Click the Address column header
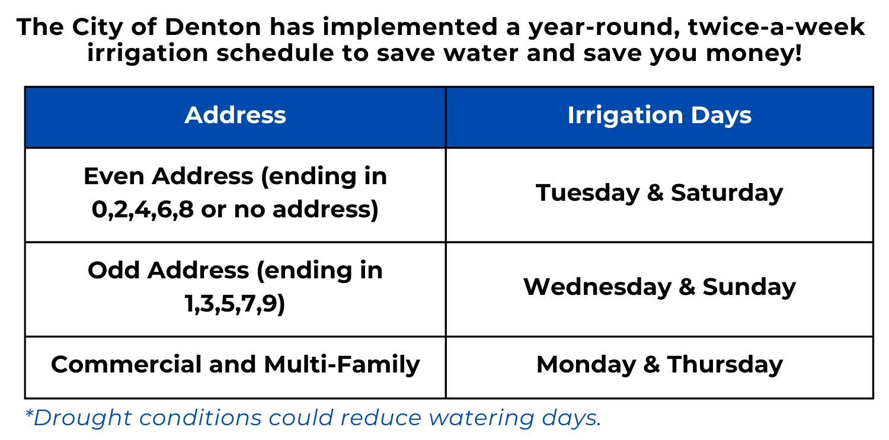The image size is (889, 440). (235, 115)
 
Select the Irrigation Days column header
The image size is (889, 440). (659, 115)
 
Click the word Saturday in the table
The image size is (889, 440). (727, 193)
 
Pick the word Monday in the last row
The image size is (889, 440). (586, 364)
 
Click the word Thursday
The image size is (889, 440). (725, 364)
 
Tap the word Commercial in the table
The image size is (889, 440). (126, 364)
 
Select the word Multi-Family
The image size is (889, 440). (342, 364)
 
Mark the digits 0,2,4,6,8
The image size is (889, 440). (143, 210)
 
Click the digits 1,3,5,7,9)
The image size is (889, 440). (235, 304)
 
